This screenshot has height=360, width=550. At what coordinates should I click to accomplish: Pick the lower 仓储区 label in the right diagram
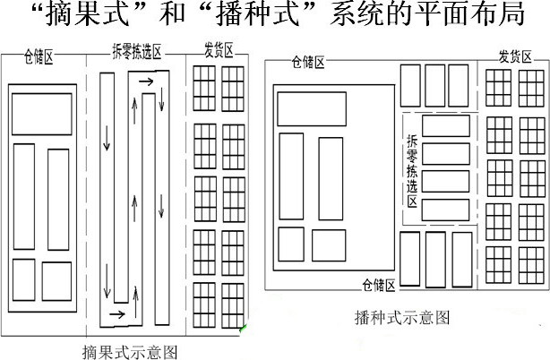(379, 286)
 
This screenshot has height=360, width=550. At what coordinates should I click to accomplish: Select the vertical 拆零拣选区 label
(412, 170)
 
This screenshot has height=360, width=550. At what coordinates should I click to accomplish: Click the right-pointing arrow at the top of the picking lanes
(146, 83)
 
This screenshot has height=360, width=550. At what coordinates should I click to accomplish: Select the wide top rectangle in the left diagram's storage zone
(42, 113)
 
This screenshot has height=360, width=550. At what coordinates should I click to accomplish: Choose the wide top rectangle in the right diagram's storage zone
(311, 108)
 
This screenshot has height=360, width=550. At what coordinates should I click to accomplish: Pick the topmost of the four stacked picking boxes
(445, 125)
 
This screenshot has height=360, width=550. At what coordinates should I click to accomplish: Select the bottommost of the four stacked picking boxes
(445, 210)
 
